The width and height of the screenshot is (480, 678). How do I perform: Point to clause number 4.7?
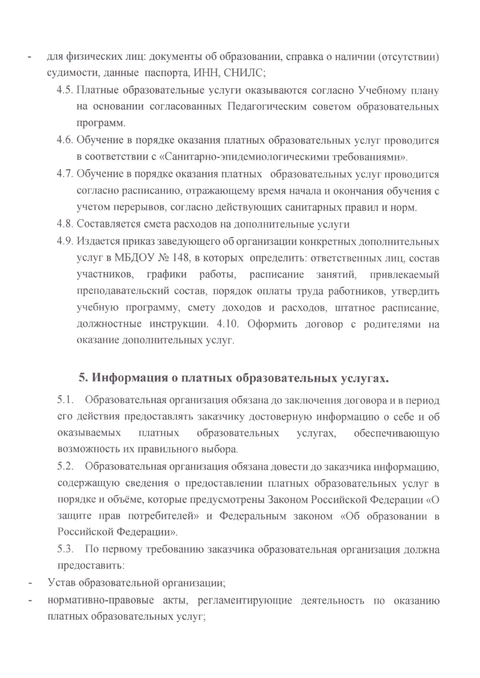(65, 174)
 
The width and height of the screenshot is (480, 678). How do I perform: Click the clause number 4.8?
(65, 224)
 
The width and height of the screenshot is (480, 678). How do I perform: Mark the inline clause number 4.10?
(227, 324)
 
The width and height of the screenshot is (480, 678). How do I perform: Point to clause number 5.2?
(65, 466)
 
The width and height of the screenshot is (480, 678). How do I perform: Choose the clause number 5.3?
(65, 549)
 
